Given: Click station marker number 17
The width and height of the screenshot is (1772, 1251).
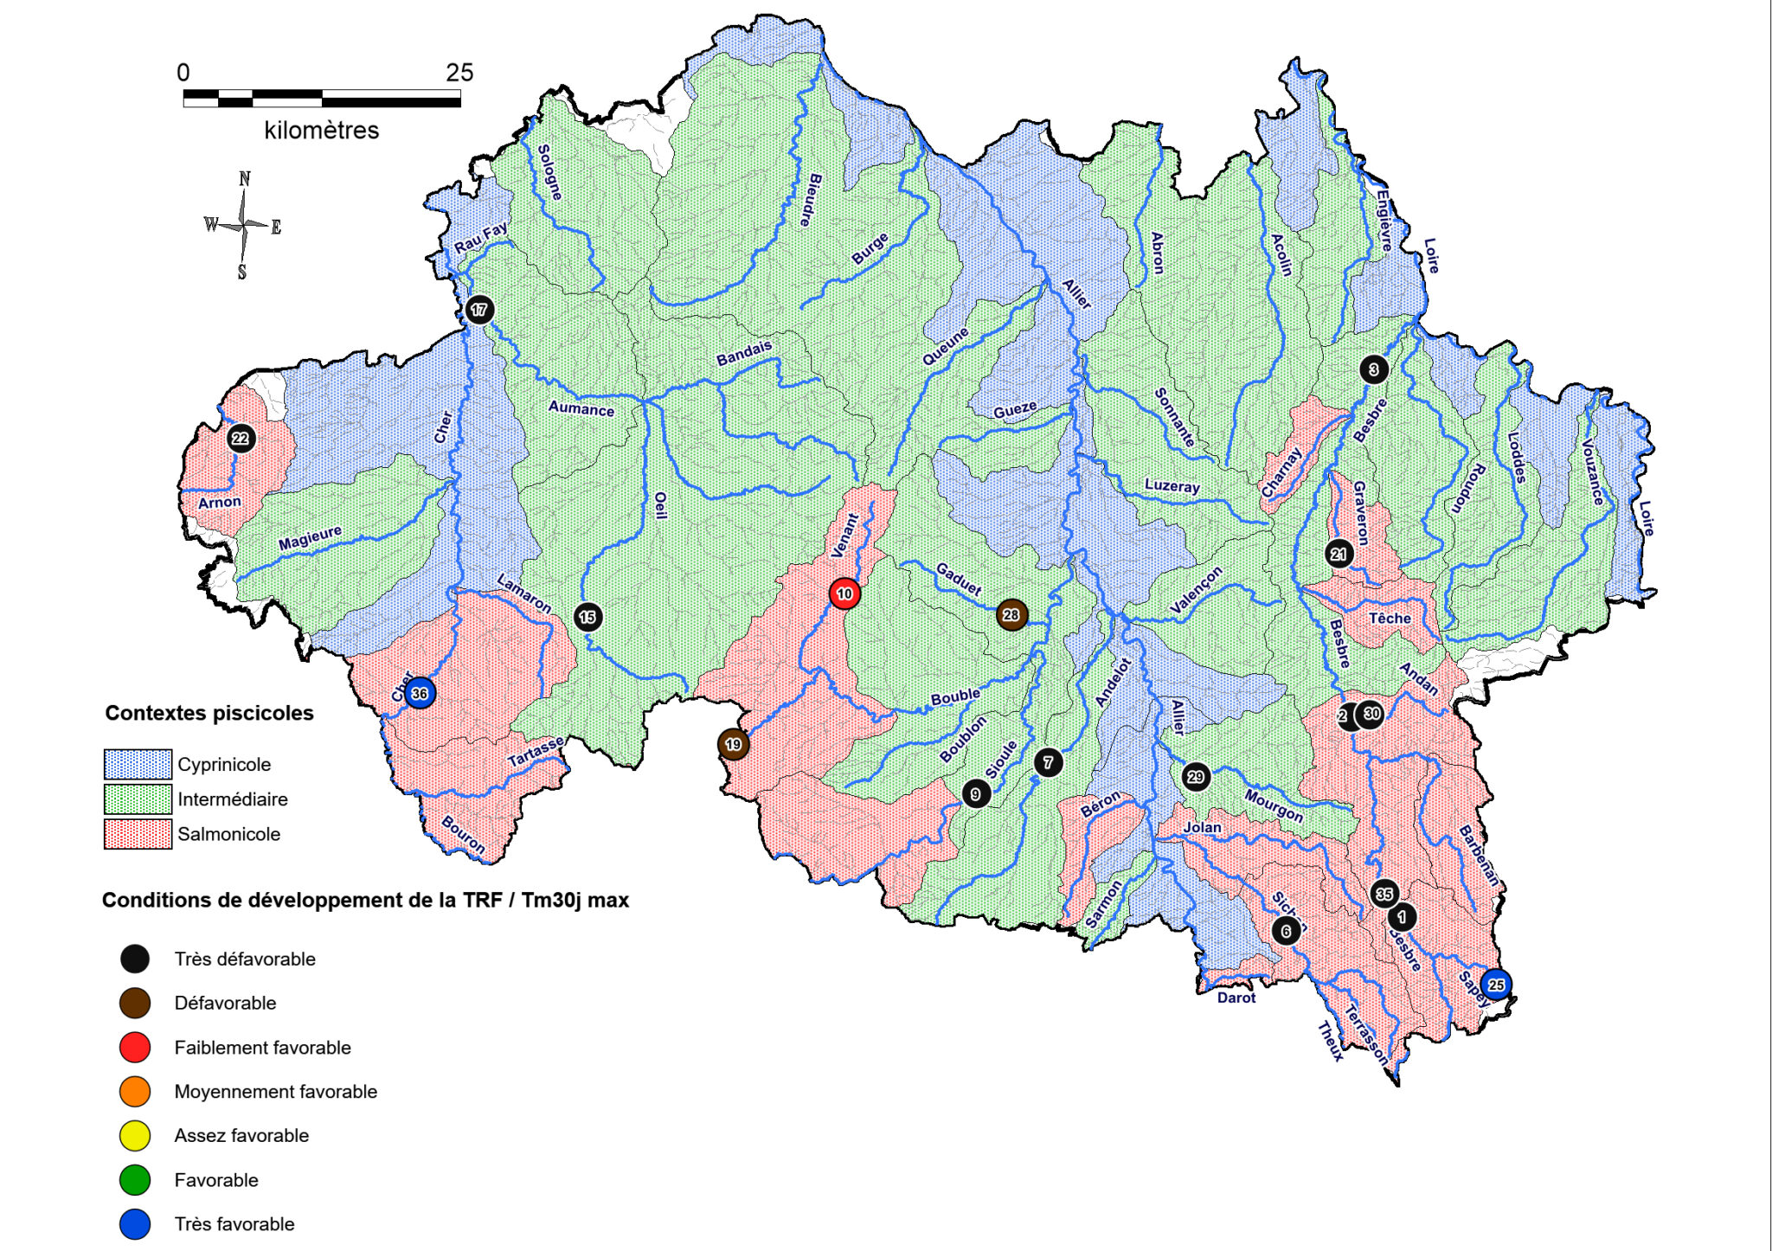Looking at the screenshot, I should point(479,310).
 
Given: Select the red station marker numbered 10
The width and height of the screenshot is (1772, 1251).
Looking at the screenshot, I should point(844,593).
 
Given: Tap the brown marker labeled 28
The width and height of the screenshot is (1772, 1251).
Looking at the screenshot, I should point(1011,615).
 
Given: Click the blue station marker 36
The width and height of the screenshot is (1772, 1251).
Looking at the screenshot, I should point(420,693).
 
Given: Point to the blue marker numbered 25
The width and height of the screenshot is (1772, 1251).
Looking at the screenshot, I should point(1496,985).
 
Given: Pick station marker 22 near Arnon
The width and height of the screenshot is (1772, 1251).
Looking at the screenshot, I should point(241,439).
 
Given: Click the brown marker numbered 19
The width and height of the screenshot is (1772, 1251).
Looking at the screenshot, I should point(733,744).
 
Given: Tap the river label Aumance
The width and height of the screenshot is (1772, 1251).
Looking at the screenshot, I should point(581,408).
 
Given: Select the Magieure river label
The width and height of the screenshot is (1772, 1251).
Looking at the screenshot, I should point(310,538).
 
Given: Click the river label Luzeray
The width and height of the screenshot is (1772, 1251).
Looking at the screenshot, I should point(1172,485).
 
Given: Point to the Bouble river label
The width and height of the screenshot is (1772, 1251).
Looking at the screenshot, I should point(955,696).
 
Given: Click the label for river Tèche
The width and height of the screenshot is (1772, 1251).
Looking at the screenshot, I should point(1390,618).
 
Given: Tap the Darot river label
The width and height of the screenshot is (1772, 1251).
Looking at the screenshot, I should point(1236,998).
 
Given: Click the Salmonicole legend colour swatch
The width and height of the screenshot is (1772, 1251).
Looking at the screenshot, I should point(138,834).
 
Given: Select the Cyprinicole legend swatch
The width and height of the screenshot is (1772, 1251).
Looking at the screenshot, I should point(138,764).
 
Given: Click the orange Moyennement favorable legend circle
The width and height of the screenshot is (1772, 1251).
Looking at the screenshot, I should point(135,1092).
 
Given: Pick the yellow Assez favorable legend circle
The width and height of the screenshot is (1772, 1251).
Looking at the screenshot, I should point(135,1136).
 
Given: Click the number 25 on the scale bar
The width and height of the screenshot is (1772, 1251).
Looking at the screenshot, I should point(459,73).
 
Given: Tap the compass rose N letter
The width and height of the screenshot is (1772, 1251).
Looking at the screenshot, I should point(245,179).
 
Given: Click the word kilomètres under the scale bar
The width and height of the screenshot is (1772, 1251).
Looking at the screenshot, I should point(321,131).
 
